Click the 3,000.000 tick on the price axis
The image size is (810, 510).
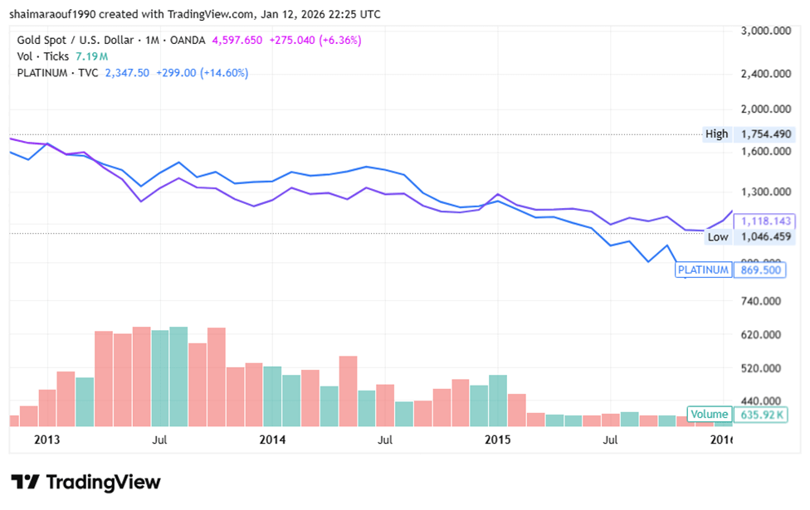[x=766, y=32]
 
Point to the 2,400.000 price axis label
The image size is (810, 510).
[x=766, y=74]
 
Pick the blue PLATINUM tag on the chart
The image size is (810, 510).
[x=703, y=270]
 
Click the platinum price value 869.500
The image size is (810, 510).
[x=759, y=270]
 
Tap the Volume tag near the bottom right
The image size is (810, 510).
[x=709, y=415]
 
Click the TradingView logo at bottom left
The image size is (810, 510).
[x=85, y=483]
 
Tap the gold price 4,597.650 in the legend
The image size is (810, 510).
[x=239, y=40]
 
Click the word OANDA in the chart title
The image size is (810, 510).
[x=189, y=40]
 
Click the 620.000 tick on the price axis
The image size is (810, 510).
[x=766, y=335]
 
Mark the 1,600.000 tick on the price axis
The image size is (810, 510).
[x=766, y=152]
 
